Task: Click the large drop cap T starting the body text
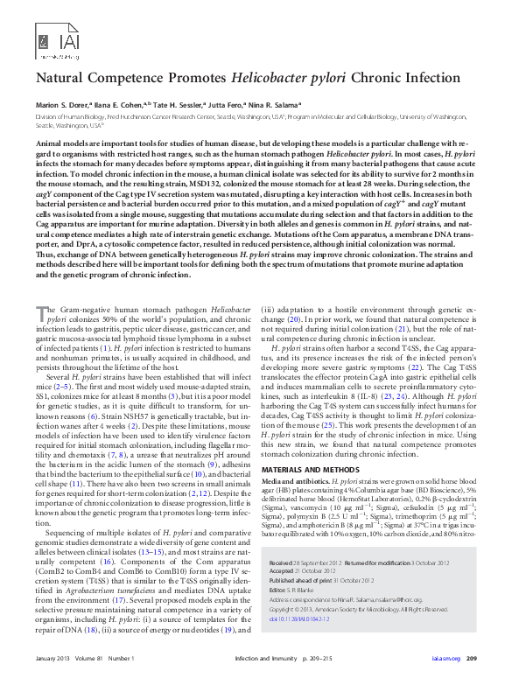pyautogui.click(x=40, y=314)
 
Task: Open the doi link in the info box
pyautogui.click(x=305, y=616)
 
